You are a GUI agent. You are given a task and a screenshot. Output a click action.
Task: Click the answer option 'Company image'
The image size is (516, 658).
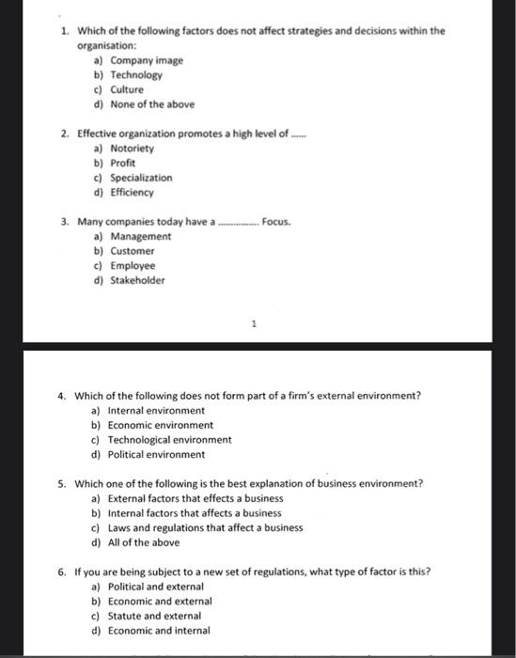[x=146, y=60]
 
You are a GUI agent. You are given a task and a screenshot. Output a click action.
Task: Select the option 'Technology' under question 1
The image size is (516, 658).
[x=136, y=75]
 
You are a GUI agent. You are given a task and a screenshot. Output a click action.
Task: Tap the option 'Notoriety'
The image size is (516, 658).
[x=132, y=149]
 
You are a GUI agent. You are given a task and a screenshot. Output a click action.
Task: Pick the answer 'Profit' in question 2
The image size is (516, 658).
[x=123, y=163]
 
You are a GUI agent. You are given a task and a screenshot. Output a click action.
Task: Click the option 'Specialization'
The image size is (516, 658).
[x=141, y=178]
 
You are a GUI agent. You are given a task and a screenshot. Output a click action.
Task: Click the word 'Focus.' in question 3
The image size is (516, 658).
[x=276, y=222]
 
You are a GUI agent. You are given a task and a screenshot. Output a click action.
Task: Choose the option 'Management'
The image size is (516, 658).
[x=140, y=237]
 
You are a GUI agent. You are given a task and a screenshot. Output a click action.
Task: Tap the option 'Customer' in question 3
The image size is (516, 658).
[x=133, y=251]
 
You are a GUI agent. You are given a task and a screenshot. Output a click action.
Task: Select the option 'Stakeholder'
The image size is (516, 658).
[x=137, y=280]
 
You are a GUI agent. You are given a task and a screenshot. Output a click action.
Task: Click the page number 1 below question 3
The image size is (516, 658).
[x=253, y=325]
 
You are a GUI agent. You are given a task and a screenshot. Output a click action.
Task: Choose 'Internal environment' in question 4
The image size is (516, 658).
[x=156, y=411]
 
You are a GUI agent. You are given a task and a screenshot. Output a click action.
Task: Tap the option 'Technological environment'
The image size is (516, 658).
[x=169, y=439]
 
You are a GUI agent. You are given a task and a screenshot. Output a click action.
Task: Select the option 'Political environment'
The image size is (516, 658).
[x=156, y=454]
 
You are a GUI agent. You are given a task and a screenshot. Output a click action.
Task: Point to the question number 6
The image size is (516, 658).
[x=61, y=572]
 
